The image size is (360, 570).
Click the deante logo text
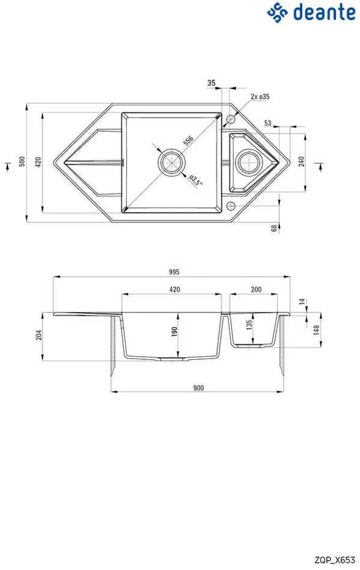click(324, 13)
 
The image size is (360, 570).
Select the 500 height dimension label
click(23, 161)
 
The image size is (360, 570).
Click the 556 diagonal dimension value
click(188, 140)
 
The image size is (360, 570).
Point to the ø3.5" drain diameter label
click(196, 180)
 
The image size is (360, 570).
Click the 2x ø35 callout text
click(259, 97)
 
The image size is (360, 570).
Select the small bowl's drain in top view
click(248, 161)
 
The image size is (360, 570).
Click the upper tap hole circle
click(231, 119)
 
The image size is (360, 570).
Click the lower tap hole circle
click(231, 206)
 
